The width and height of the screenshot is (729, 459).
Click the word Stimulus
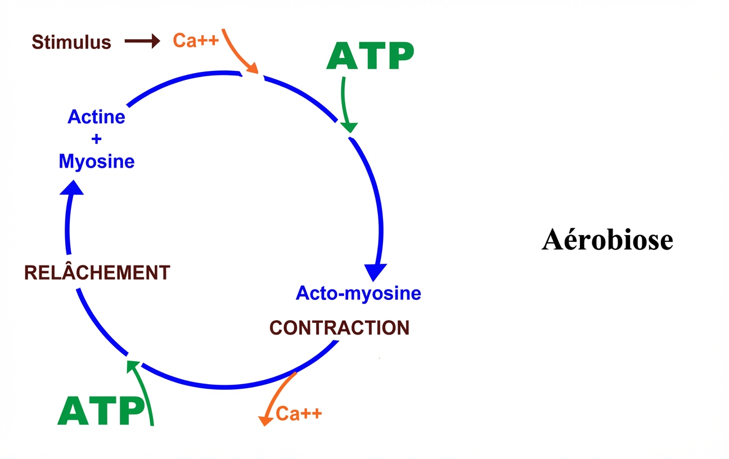(x=71, y=42)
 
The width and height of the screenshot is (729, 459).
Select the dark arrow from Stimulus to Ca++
(x=142, y=41)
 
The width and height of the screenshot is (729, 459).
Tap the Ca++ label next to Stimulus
(x=195, y=40)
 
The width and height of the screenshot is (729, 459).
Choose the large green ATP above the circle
(x=370, y=56)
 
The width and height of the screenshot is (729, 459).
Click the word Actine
(x=96, y=117)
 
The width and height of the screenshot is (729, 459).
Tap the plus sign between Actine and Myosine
(x=96, y=139)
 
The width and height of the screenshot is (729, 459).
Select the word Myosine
(x=97, y=161)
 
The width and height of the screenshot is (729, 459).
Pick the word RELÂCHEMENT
(x=97, y=273)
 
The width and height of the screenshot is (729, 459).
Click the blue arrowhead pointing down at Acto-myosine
(x=376, y=272)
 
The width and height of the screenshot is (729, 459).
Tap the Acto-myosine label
(x=358, y=293)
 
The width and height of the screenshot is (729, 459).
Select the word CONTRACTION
(x=340, y=327)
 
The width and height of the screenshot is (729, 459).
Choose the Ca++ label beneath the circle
(x=299, y=413)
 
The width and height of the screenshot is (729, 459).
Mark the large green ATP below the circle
(x=101, y=411)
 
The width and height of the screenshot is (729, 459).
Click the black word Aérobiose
(x=607, y=240)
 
